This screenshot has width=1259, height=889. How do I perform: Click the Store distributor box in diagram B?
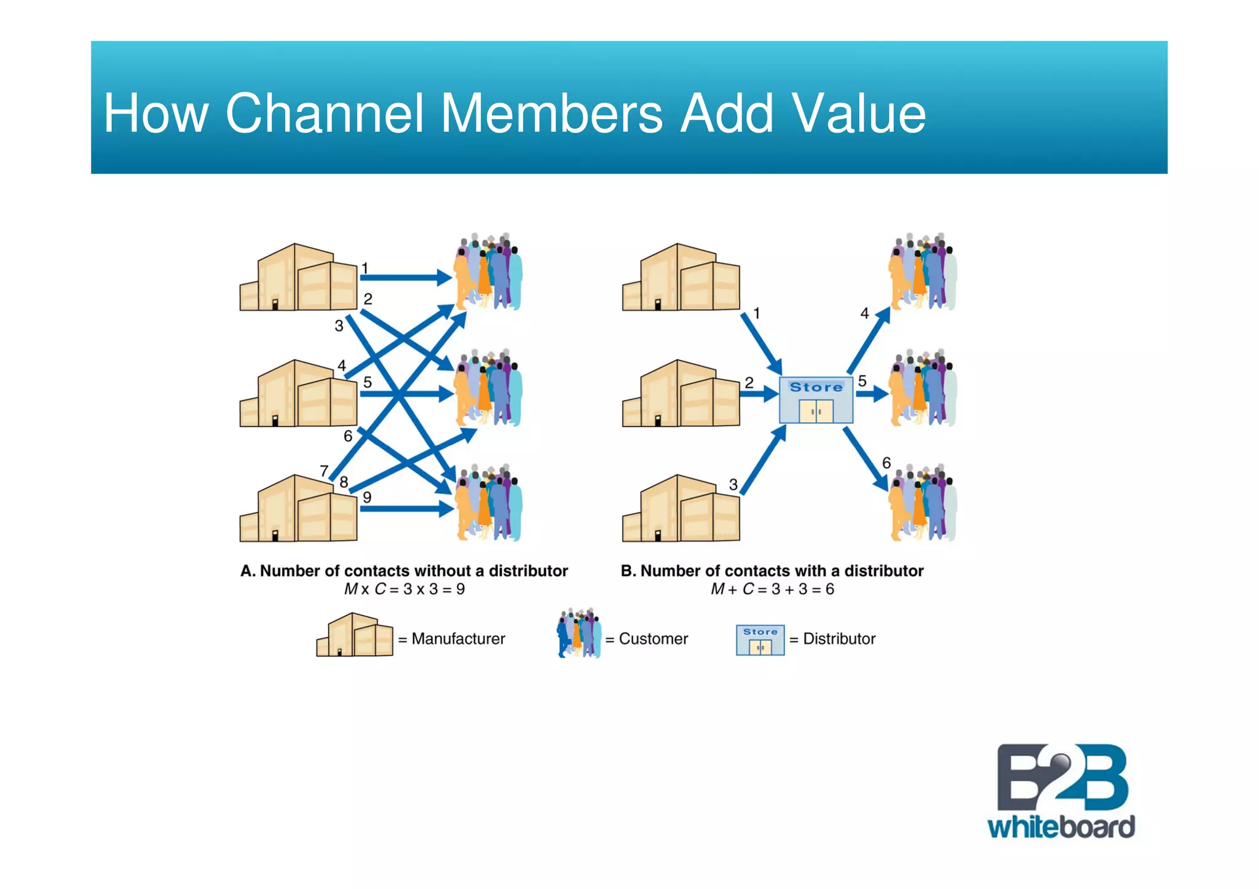pyautogui.click(x=816, y=400)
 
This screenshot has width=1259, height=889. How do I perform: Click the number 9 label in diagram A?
pyautogui.click(x=367, y=497)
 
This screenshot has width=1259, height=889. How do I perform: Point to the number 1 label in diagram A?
pyautogui.click(x=365, y=268)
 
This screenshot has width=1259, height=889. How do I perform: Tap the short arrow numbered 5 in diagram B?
pyautogui.click(x=872, y=393)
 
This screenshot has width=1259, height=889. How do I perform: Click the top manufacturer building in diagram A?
pyautogui.click(x=298, y=278)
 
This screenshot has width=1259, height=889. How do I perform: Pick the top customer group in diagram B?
pyautogui.click(x=922, y=272)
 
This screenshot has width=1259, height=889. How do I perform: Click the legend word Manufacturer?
pyautogui.click(x=458, y=639)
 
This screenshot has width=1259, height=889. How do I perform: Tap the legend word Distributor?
pyautogui.click(x=839, y=639)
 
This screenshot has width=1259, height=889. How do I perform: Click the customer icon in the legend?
pyautogui.click(x=579, y=633)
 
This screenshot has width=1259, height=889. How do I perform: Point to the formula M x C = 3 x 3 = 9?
pyautogui.click(x=404, y=589)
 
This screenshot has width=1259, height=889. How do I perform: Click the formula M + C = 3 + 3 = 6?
pyautogui.click(x=772, y=589)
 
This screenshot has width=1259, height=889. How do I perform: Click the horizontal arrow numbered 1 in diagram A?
pyautogui.click(x=406, y=278)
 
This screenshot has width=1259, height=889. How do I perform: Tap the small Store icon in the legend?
pyautogui.click(x=760, y=640)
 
